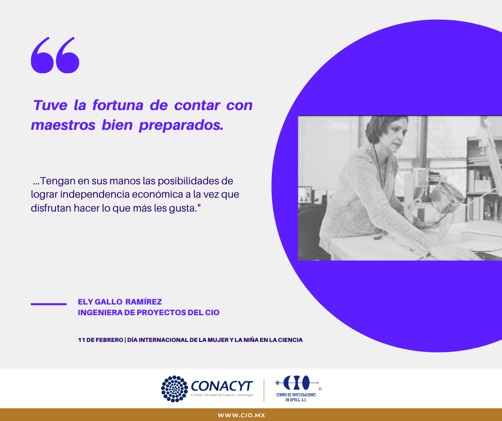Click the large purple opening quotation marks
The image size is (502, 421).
coord(55,55)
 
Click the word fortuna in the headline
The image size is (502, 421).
coord(117,105)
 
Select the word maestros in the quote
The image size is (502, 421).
coord(63,125)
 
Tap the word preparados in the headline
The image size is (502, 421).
coord(181,126)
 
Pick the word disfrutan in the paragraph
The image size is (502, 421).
coord(51,208)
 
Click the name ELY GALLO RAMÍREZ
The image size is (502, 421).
coord(120,302)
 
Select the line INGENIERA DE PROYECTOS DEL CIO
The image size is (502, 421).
coord(148,313)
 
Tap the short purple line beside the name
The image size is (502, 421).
coord(49,304)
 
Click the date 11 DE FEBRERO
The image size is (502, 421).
coord(100,340)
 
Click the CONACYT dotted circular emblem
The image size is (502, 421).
coord(175,388)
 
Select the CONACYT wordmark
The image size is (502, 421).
coord(222,386)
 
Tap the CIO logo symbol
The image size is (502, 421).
coord(297,383)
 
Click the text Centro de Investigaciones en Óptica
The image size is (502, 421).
coord(296,397)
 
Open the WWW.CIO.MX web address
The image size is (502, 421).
coord(241,415)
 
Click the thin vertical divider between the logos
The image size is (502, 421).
coord(264,390)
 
